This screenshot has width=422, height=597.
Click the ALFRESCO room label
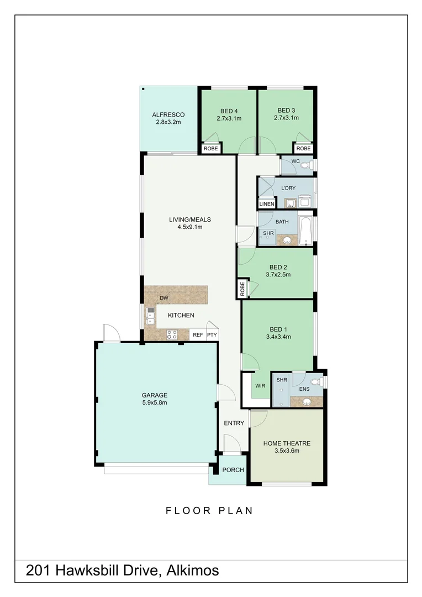(x=168, y=115)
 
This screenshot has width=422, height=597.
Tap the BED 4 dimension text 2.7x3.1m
(x=229, y=118)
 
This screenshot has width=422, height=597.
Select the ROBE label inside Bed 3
(x=303, y=149)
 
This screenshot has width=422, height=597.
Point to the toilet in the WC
(x=308, y=165)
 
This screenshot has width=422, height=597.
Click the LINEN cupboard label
(x=266, y=204)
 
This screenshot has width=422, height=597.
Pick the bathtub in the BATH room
(x=306, y=231)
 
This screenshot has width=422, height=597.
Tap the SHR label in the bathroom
(x=268, y=233)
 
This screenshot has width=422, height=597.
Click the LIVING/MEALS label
(x=189, y=219)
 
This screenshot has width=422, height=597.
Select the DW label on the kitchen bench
(x=163, y=298)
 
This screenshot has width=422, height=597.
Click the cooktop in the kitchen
(x=172, y=334)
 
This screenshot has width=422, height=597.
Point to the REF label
(x=198, y=335)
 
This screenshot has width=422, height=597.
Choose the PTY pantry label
(x=212, y=335)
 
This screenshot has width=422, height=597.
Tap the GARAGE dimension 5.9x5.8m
(x=155, y=403)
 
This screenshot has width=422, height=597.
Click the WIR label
(x=260, y=386)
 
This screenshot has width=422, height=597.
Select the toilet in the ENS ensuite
(x=315, y=381)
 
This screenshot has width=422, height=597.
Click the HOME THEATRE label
(x=287, y=443)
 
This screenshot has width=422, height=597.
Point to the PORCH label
(x=233, y=470)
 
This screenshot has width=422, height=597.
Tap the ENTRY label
(x=234, y=423)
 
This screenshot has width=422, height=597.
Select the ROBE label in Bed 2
(x=242, y=289)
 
